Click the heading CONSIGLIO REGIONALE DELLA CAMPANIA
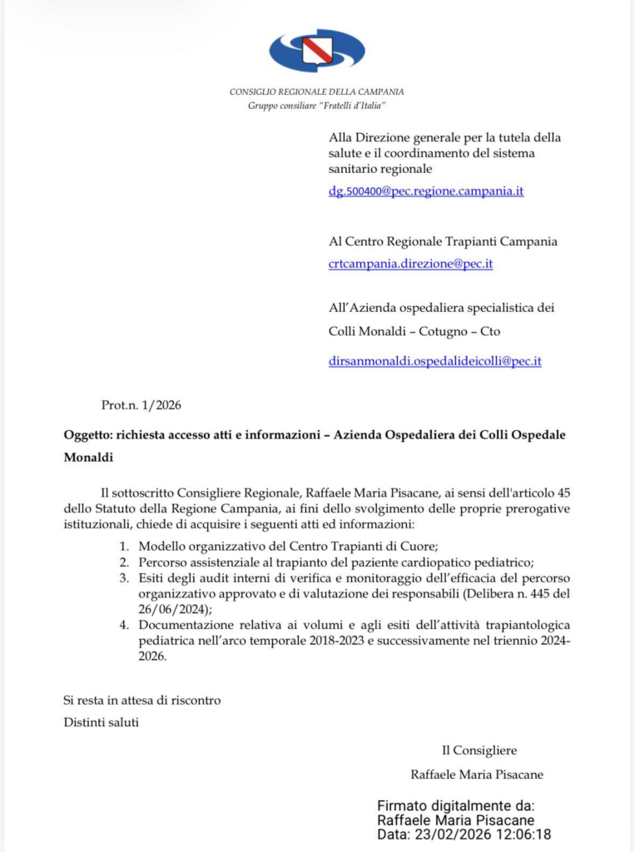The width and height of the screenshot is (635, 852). tap(317, 92)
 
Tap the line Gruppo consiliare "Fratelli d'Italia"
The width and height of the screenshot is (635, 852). tap(317, 106)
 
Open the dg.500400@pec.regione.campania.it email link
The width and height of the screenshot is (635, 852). tap(426, 191)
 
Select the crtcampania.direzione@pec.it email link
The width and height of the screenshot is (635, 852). tap(411, 263)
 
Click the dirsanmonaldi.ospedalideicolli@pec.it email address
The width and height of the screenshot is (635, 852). tap(435, 361)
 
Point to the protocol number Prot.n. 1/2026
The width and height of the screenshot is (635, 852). tap(141, 405)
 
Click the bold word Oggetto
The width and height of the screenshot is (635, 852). tap(88, 435)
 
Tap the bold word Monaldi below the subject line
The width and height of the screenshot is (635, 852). tap(88, 457)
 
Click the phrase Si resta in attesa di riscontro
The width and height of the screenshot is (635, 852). tap(142, 700)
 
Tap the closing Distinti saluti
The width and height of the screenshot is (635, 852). tap(102, 721)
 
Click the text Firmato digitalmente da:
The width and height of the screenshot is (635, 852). tap(456, 805)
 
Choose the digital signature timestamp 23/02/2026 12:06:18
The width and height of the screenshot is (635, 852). tap(481, 835)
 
